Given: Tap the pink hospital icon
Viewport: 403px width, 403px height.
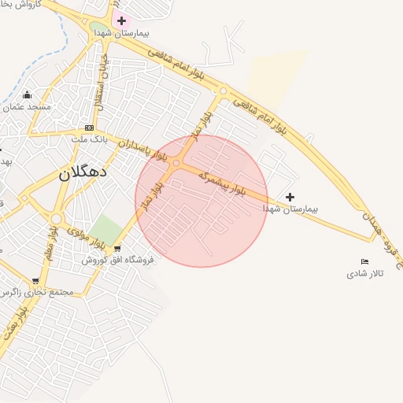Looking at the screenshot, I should [121, 20].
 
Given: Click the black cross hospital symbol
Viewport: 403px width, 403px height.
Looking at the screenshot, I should [290, 197].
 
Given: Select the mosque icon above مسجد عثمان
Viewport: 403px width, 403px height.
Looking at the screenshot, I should [28, 94].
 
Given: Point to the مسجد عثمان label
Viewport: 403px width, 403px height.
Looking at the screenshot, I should [28, 106].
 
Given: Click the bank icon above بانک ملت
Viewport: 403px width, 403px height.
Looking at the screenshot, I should [89, 128].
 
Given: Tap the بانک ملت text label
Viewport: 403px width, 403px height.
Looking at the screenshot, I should [88, 139].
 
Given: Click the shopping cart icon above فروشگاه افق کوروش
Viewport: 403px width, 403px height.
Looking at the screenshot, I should [117, 249].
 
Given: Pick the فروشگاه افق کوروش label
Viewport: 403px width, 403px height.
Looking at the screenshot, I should [117, 259].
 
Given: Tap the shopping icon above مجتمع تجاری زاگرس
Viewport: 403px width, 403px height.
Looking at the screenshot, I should [35, 281].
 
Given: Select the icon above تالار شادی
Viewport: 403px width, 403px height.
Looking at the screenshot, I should [364, 262].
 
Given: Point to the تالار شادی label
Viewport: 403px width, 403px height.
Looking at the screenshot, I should [364, 274].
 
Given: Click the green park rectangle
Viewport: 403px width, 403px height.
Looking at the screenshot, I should [109, 229].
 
